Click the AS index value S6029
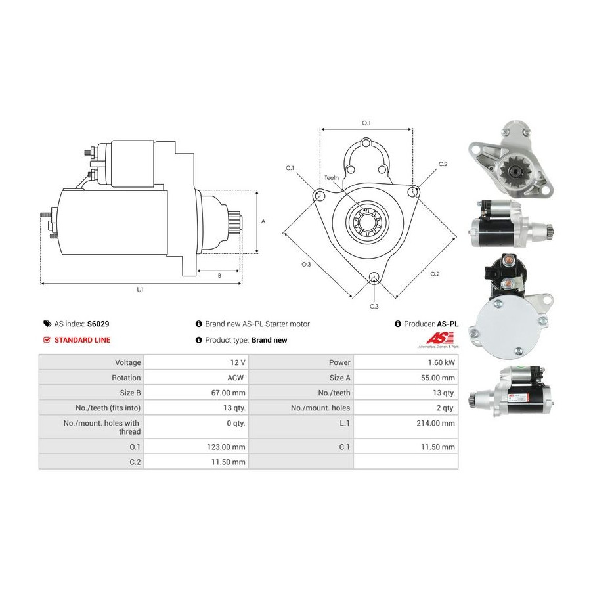98,324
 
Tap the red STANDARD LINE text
82,340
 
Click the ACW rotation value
236,378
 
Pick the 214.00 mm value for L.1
436,424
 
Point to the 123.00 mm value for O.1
226,447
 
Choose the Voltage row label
128,362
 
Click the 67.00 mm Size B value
228,393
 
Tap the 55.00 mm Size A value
438,378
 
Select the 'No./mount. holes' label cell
320,408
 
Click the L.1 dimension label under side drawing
140,290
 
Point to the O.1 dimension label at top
366,123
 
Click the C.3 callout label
374,307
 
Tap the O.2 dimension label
435,274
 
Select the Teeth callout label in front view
332,177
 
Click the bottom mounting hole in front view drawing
374,277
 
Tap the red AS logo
440,338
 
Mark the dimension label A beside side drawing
263,221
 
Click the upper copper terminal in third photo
506,261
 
